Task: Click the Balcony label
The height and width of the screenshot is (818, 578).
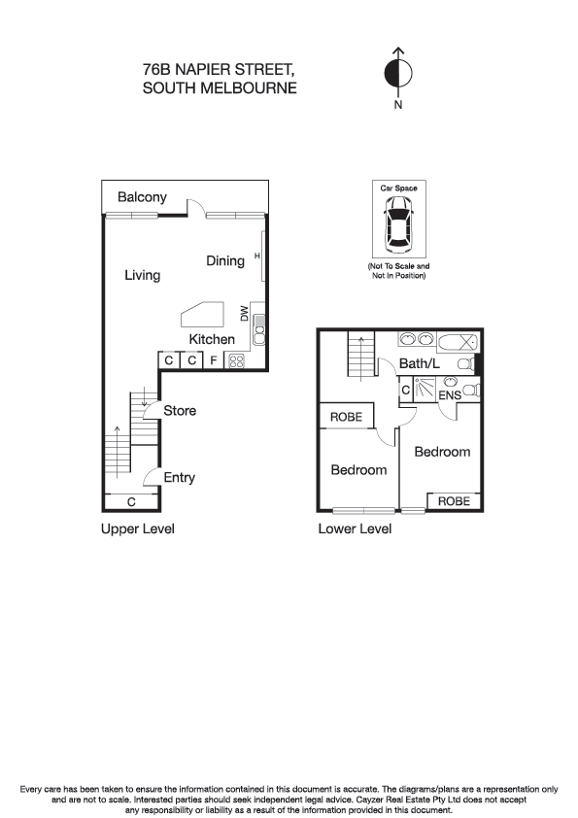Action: (142, 197)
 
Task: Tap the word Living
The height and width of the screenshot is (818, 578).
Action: (142, 275)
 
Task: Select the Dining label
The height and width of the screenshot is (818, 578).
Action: (224, 260)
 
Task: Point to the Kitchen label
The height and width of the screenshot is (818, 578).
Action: (212, 339)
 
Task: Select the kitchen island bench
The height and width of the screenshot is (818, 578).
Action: (202, 315)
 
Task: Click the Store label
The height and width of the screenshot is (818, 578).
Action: (180, 411)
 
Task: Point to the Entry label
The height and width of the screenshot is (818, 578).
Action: (180, 477)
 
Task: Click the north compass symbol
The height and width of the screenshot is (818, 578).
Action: (398, 73)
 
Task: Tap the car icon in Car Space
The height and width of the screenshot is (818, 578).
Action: (398, 222)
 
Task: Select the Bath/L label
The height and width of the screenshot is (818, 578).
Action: (421, 364)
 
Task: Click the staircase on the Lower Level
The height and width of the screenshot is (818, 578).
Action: (360, 357)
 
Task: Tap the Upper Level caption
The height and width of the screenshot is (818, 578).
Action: (137, 529)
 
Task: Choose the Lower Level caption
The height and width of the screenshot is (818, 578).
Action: (355, 529)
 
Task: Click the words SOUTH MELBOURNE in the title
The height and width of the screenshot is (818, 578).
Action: (220, 87)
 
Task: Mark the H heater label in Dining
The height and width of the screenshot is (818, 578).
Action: (257, 256)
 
